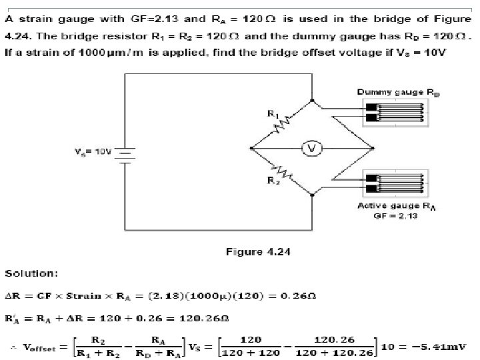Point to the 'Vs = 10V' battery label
pos(93,151)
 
